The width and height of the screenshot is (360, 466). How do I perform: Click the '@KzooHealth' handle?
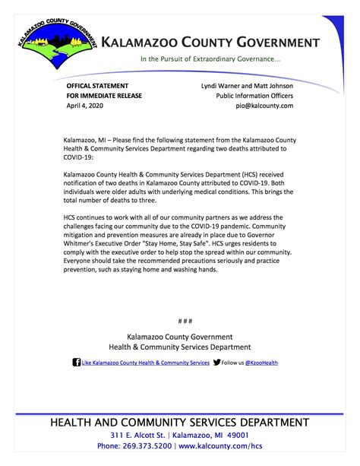click(264, 363)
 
